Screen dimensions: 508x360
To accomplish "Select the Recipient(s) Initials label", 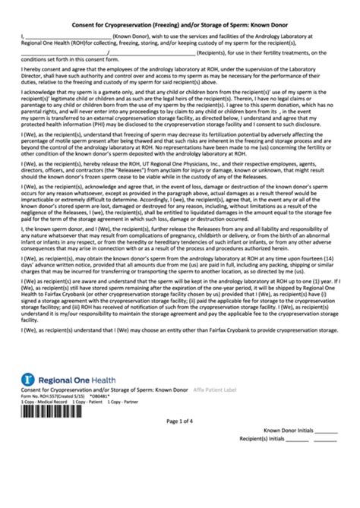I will pos(284,502).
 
